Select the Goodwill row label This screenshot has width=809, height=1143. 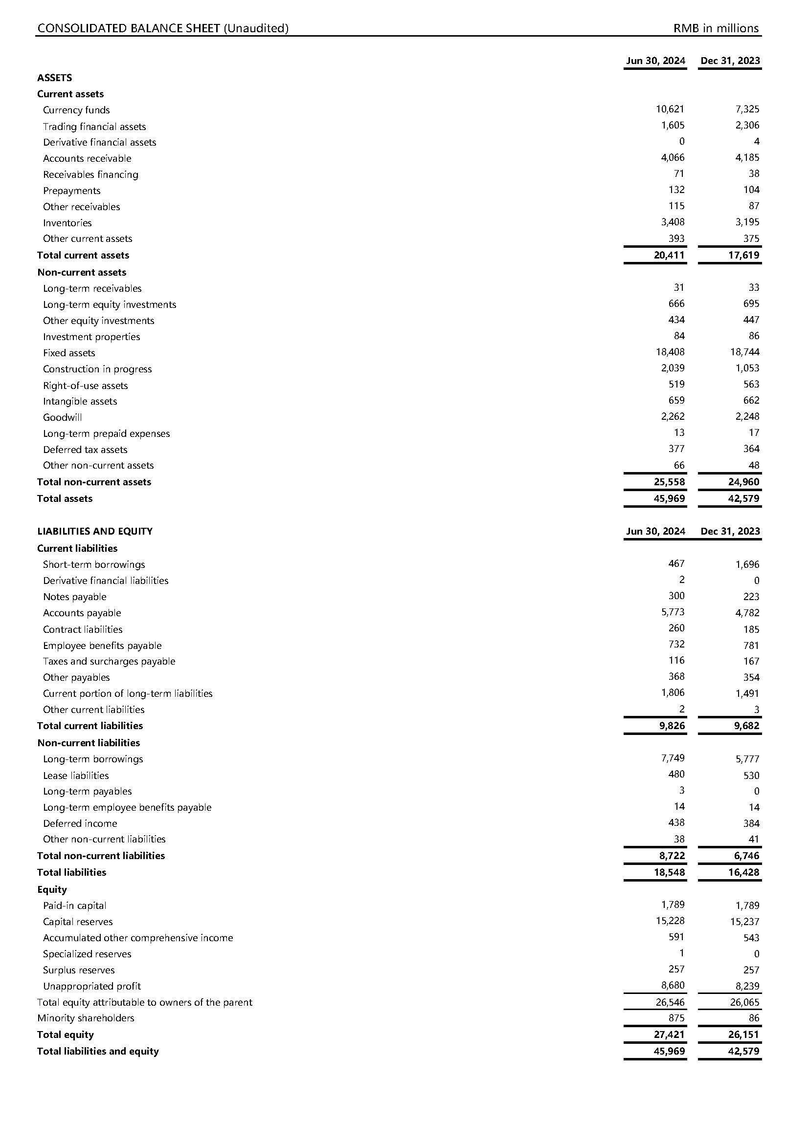pos(62,417)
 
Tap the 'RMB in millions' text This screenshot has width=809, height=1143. pos(716,28)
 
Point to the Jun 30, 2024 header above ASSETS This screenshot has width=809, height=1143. pos(655,61)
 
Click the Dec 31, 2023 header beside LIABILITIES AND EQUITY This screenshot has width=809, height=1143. pos(730,531)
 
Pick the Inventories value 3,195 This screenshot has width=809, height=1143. pos(747,222)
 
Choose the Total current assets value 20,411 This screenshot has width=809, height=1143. pos(669,255)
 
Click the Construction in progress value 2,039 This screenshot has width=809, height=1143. pos(673,368)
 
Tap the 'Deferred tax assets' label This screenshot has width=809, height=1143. pos(85,449)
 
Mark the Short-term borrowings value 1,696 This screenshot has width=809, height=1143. pos(747,564)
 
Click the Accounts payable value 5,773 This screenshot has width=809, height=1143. pos(673,612)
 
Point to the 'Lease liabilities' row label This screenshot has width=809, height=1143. pos(76,775)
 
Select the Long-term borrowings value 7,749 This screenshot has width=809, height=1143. pos(673,758)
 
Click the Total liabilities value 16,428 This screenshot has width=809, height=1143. pos(744,872)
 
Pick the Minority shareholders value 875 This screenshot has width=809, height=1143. pos(676,1018)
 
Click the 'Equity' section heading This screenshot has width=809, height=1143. pos(52,889)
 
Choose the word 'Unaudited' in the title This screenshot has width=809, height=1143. pos(255,28)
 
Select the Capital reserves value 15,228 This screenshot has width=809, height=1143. pos(670,921)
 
